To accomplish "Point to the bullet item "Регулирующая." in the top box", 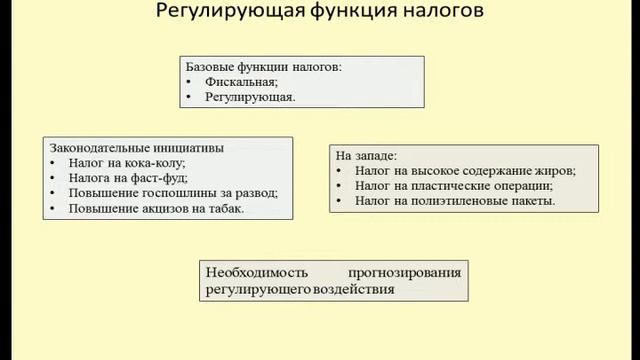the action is pyautogui.click(x=250, y=99).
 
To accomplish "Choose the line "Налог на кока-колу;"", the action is pyautogui.click(x=127, y=163).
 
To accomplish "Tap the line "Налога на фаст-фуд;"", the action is pyautogui.click(x=127, y=179).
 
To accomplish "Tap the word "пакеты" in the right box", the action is pyautogui.click(x=530, y=202).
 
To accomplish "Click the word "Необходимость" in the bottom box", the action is pyautogui.click(x=254, y=272).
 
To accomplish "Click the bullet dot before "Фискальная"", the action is pyautogui.click(x=191, y=83).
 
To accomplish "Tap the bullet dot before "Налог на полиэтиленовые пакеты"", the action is pyautogui.click(x=341, y=202).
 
